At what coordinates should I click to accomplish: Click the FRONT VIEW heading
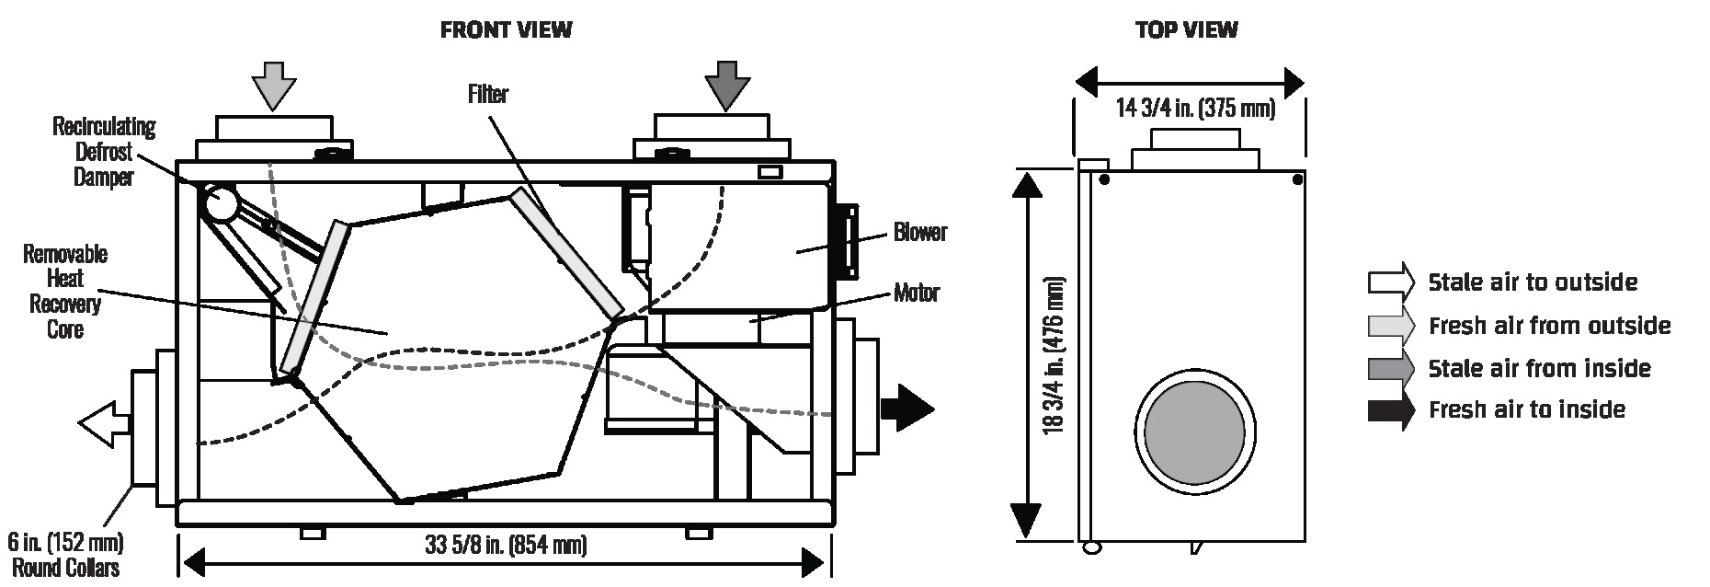click(x=506, y=30)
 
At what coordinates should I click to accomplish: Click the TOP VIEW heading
click(x=1186, y=30)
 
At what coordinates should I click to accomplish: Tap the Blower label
click(x=919, y=232)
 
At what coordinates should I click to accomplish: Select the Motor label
click(x=917, y=293)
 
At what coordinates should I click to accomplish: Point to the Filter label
click(x=487, y=94)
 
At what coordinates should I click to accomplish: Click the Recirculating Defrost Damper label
click(x=104, y=152)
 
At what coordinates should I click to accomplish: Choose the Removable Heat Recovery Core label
click(x=65, y=292)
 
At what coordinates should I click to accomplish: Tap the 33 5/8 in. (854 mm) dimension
click(x=506, y=545)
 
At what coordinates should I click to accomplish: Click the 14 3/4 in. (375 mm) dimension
click(x=1195, y=109)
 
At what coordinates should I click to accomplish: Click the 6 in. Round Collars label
click(x=64, y=554)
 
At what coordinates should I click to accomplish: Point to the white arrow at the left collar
click(x=104, y=423)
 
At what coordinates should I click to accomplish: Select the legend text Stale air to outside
click(x=1533, y=282)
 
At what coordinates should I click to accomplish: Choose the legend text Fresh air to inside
click(x=1527, y=409)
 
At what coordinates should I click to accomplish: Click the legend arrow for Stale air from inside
click(x=1390, y=369)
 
